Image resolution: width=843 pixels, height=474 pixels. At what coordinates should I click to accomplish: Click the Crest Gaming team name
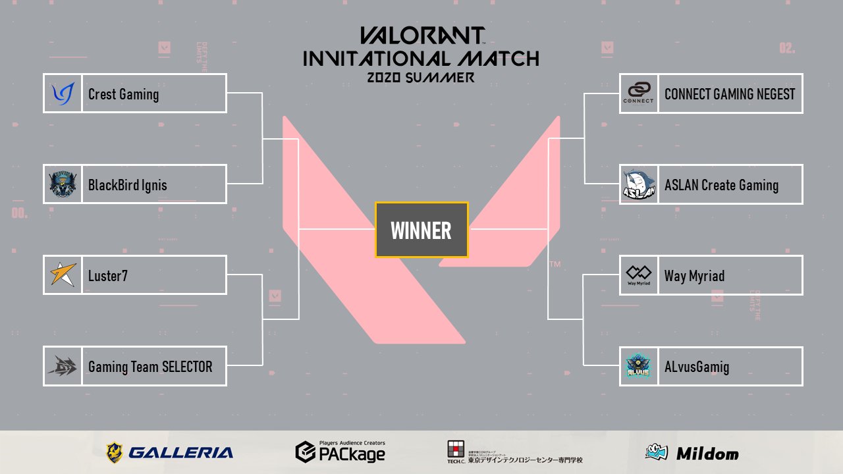[x=123, y=94]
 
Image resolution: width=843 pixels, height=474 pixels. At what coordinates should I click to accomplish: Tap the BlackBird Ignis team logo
[x=63, y=184]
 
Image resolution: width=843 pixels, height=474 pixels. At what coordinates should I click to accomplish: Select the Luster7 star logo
[x=63, y=275]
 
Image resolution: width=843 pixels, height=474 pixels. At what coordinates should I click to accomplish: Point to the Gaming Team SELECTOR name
[x=150, y=367]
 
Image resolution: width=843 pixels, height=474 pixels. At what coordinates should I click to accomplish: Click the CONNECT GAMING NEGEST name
[x=730, y=94]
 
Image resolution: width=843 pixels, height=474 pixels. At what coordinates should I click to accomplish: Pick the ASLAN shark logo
[x=639, y=184]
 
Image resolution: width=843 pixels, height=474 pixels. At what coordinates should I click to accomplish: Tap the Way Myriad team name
[x=694, y=276]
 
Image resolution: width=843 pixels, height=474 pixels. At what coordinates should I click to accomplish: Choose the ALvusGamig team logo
[x=638, y=367]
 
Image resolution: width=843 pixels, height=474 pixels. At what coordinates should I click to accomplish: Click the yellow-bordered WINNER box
[x=421, y=230]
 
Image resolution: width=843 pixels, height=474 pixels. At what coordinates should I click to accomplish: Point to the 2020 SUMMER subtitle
[x=421, y=78]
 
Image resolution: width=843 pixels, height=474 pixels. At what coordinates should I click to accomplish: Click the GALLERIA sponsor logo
[x=169, y=452]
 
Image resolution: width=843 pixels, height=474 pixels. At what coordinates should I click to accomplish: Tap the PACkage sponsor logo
[x=340, y=452]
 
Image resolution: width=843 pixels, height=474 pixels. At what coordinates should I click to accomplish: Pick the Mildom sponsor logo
[x=692, y=453]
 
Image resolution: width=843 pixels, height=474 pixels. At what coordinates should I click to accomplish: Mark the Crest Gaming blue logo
[x=63, y=94]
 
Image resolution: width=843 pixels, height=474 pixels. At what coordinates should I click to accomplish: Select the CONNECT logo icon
[x=638, y=93]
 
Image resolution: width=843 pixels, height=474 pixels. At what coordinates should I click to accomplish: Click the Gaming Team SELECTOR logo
[x=63, y=366]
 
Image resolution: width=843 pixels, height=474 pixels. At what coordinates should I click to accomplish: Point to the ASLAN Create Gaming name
[x=721, y=185]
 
